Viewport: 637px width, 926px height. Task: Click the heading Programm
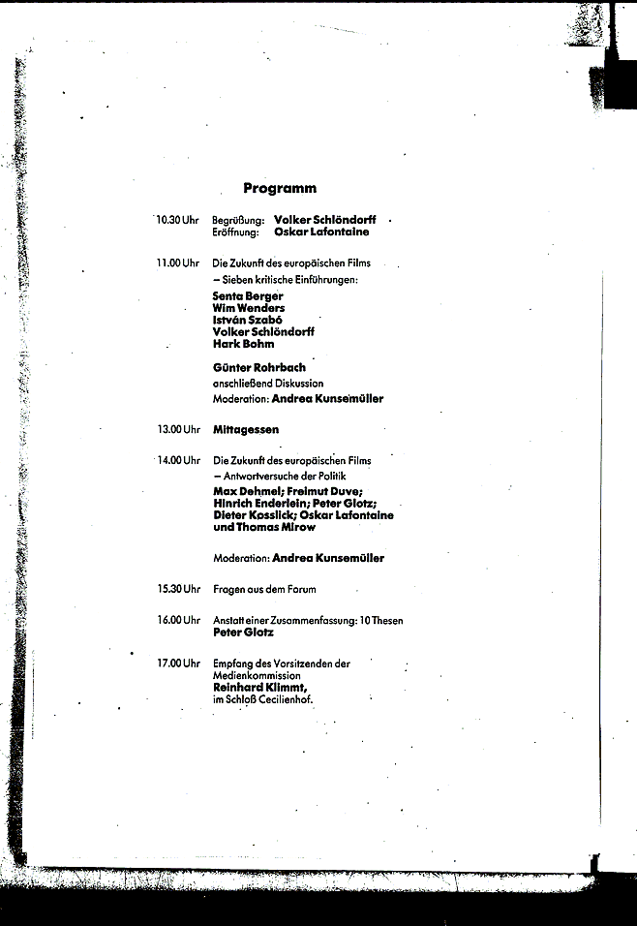click(x=280, y=188)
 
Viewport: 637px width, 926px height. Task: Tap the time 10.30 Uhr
click(x=178, y=220)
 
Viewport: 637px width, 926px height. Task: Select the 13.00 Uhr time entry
click(x=178, y=429)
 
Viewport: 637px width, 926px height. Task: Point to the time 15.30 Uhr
click(x=178, y=589)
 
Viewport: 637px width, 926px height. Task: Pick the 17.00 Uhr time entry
click(x=178, y=664)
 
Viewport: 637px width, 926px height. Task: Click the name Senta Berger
click(x=248, y=296)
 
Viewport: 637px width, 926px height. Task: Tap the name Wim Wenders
click(x=249, y=308)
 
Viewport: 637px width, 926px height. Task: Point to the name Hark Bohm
click(x=243, y=344)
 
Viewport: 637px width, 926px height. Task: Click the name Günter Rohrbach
click(x=259, y=368)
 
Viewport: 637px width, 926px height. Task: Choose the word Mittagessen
click(x=246, y=429)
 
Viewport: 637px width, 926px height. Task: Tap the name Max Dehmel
click(x=243, y=491)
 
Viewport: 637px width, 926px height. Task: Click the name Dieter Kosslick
click(x=248, y=515)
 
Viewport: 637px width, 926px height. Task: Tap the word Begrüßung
click(x=238, y=221)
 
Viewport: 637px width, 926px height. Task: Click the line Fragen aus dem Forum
click(x=264, y=589)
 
